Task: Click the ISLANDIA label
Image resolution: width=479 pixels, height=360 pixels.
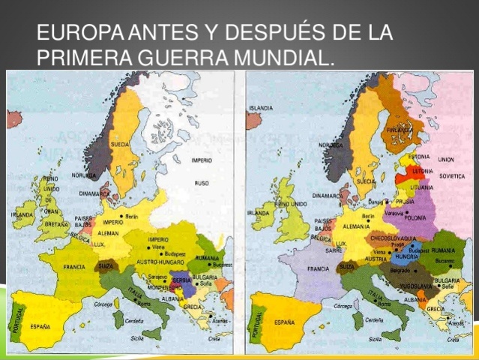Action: coord(262,108)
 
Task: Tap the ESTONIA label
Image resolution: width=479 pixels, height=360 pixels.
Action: coord(418,157)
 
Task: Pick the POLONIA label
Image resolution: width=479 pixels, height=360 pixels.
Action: coord(415,217)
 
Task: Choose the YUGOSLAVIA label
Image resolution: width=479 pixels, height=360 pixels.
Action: coord(411,286)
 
